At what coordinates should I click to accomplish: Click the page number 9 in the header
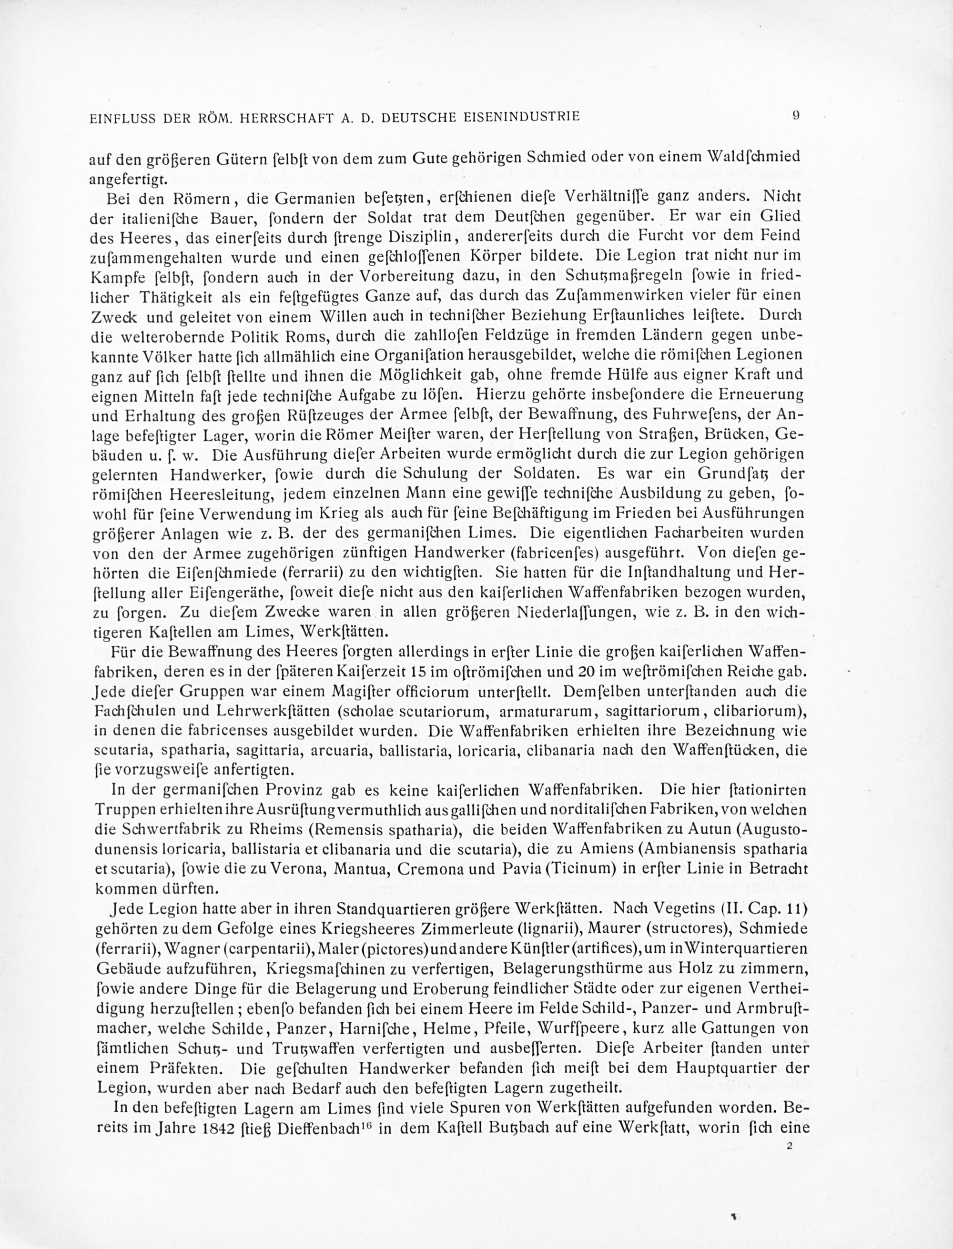pyautogui.click(x=796, y=116)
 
